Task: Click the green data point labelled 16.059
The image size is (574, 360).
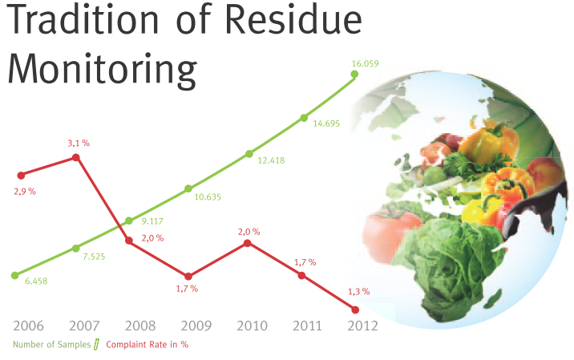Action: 354,75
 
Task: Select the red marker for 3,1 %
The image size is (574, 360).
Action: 76,157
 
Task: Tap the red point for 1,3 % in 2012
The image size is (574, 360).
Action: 355,309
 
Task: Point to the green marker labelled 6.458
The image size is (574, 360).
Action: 15,275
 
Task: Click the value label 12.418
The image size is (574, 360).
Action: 271,160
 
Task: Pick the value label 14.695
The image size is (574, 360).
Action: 326,123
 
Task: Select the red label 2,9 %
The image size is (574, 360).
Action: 25,192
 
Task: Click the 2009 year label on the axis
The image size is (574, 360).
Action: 196,326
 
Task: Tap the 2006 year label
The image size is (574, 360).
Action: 28,326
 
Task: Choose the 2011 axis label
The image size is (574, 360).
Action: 307,326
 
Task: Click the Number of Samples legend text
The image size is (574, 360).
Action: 51,345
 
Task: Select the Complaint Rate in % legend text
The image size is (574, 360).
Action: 148,345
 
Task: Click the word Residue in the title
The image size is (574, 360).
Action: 293,19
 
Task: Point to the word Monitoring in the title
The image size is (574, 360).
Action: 102,70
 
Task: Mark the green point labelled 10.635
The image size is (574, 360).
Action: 188,188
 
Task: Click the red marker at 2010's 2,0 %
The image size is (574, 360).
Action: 248,243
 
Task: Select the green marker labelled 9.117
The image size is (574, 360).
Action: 129,220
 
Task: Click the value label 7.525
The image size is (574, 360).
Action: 94,257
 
